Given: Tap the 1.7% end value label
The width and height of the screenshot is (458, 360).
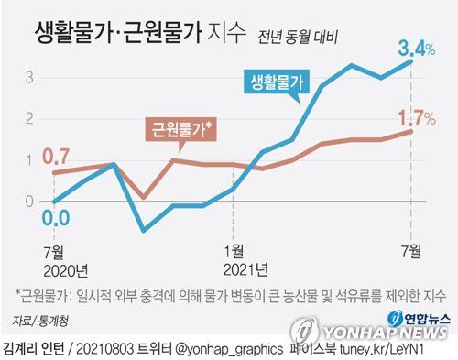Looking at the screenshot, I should pos(415,116).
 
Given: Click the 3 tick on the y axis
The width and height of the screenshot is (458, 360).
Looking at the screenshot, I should pos(30,77).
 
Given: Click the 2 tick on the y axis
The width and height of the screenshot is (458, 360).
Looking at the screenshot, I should pos(30,119).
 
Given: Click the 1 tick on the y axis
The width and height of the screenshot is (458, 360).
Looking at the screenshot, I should pos(30,160).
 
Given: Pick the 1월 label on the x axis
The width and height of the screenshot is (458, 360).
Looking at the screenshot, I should pos(234,249).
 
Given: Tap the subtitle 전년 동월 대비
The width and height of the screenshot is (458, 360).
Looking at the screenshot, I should pos(298,38).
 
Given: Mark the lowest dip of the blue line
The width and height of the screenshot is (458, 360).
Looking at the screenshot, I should pos(142,230).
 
